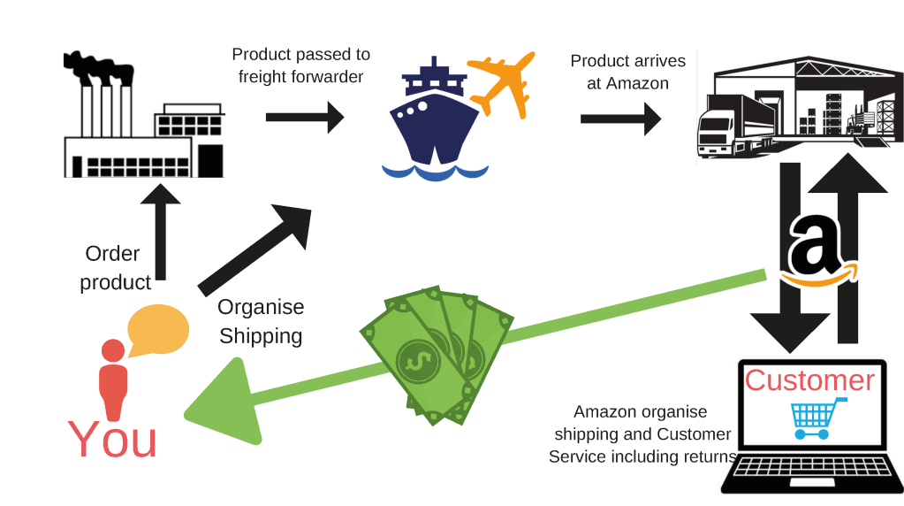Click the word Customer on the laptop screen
(x=809, y=379)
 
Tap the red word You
(x=112, y=440)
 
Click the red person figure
(x=112, y=379)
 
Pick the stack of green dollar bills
(x=437, y=354)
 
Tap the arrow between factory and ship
(x=305, y=117)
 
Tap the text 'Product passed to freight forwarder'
(x=300, y=66)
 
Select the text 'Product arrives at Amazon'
(x=627, y=72)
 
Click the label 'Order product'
(x=114, y=268)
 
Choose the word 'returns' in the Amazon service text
(x=709, y=456)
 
